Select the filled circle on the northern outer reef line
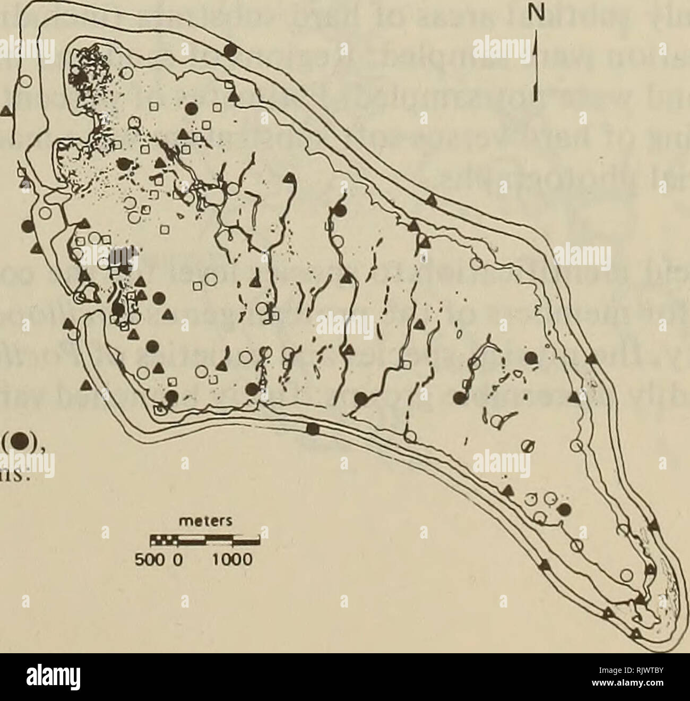[230, 49]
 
